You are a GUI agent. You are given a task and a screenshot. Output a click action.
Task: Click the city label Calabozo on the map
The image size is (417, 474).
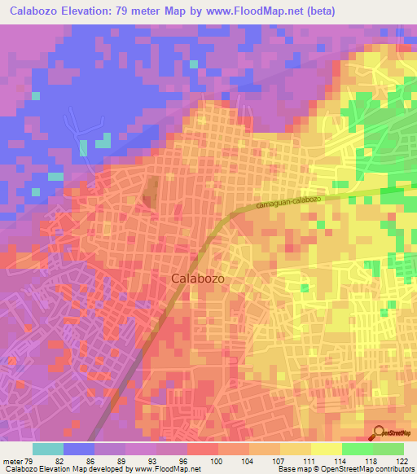click(198, 278)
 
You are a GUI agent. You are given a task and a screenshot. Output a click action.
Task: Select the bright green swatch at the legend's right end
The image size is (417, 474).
click(388, 449)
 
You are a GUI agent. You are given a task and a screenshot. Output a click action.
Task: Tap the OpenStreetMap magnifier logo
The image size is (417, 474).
click(378, 432)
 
